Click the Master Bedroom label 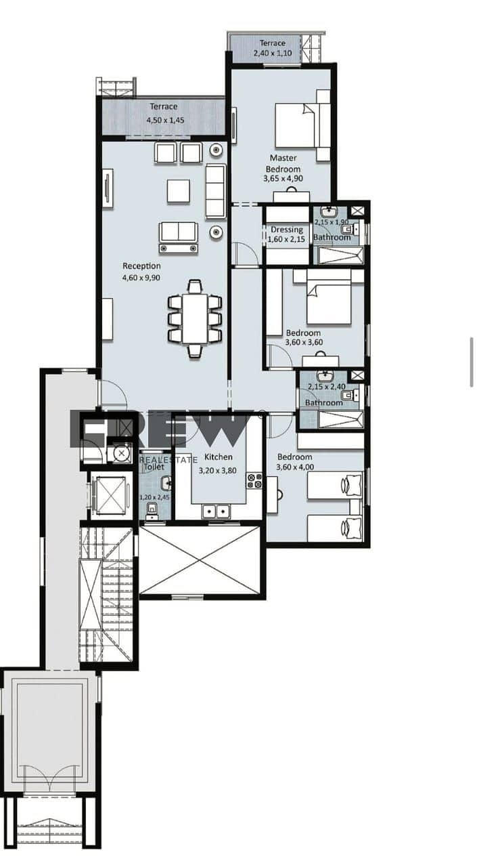283,163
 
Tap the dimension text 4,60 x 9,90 141,278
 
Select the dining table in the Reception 196,318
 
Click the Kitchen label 219,457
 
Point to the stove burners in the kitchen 254,481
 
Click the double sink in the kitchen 216,511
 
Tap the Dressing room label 287,230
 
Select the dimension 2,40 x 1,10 273,53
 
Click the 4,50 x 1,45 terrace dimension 166,120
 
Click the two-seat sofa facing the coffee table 178,237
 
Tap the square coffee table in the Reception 179,191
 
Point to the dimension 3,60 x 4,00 295,467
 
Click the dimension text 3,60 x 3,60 304,342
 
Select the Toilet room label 154,467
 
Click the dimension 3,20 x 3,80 218,471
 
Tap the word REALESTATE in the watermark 168,460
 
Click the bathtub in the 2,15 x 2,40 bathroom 340,419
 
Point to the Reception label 141,266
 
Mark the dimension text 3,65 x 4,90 283,178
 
